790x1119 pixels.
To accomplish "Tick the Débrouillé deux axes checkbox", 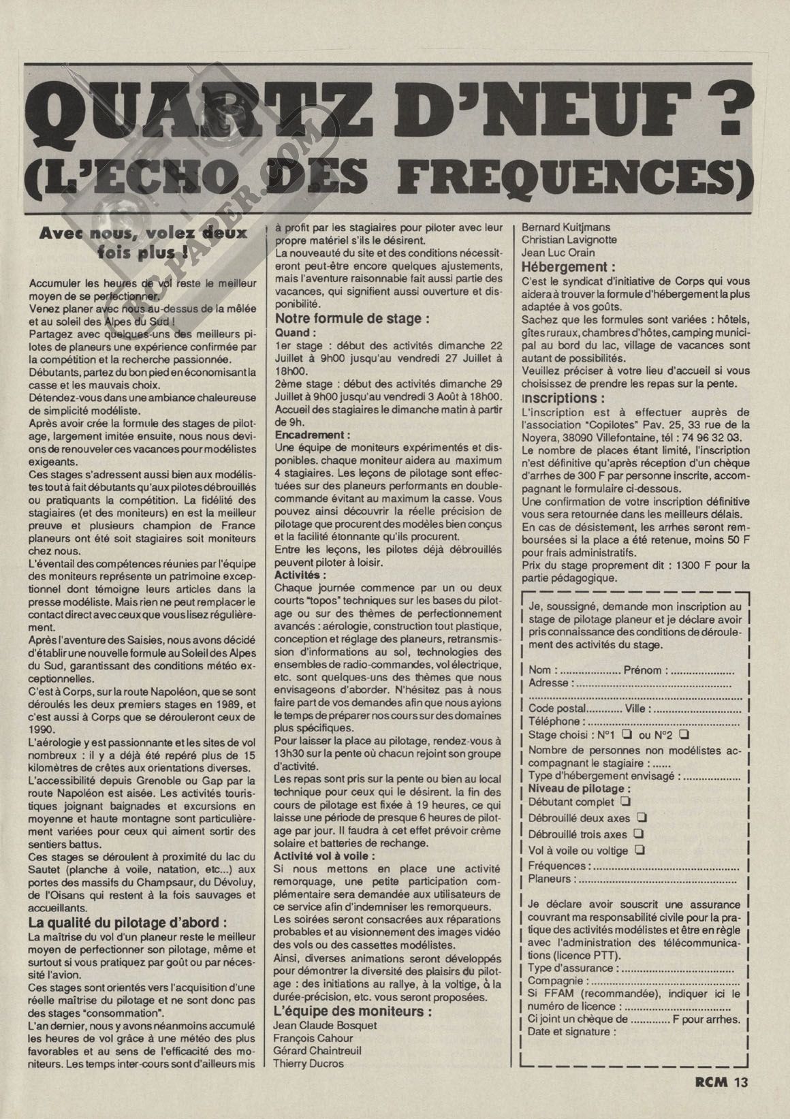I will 641,817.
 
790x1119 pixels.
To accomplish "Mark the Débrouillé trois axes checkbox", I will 638,834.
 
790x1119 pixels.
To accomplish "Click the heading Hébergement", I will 567,268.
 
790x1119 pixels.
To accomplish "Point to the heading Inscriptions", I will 562,398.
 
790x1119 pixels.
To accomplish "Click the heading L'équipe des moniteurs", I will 351,1011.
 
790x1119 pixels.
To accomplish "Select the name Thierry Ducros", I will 308,1063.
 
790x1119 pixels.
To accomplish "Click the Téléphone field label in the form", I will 554,721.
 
